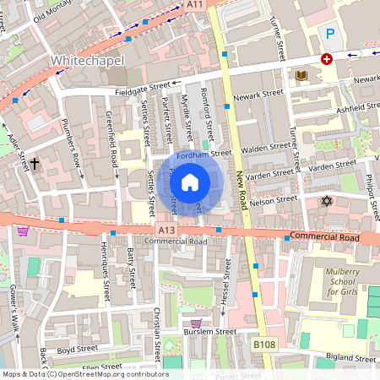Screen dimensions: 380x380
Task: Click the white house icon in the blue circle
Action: point(190,182)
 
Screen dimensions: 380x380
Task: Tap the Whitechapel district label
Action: point(89,61)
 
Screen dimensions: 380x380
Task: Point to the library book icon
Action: point(301,76)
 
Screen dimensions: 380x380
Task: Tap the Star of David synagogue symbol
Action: point(327,201)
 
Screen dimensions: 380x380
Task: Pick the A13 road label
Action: point(166,228)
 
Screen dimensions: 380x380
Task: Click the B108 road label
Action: point(264,345)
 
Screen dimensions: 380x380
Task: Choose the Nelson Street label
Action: point(276,200)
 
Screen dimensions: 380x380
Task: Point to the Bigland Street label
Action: point(352,357)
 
